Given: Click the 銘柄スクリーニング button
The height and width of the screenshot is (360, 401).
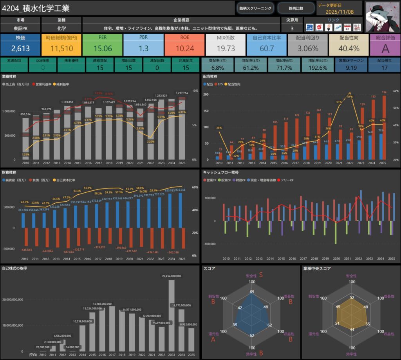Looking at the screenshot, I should pos(255,8).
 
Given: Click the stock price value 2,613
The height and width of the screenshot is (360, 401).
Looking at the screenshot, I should pos(20,48).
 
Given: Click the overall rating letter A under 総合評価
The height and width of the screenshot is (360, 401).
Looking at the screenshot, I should pos(385,48).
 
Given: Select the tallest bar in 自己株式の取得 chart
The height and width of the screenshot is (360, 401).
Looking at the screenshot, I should pos(172,316).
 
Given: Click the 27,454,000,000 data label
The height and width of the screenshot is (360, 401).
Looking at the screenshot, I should pos(172,276).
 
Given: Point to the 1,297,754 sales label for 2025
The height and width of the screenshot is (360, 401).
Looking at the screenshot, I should pos(181,93).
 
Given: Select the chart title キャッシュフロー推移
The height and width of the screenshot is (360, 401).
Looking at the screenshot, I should pos(221,172).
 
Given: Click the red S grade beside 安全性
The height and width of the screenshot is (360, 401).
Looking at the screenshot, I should pos(260,275).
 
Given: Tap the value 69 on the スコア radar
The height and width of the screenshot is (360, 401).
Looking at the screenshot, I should pos(252,292).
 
